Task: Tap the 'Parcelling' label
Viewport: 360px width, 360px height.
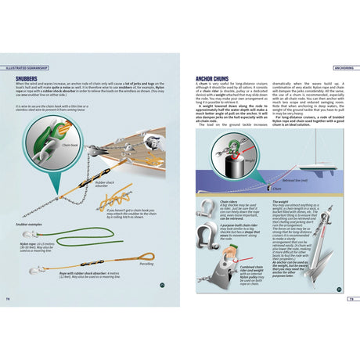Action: (146, 264)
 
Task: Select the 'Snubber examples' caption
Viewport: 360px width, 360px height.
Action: (29, 223)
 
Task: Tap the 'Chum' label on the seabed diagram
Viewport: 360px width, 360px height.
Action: (277, 189)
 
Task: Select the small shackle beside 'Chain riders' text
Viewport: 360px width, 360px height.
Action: (205, 208)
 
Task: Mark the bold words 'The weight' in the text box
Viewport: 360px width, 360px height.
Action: (279, 201)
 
